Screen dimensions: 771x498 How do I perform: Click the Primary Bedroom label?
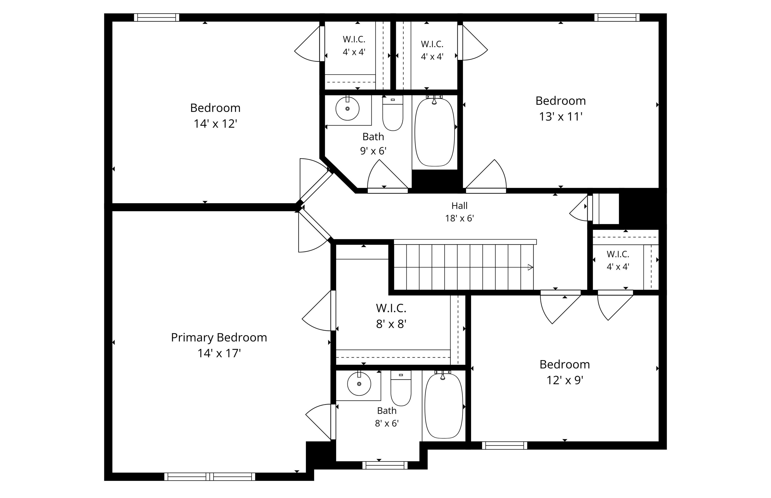(219, 338)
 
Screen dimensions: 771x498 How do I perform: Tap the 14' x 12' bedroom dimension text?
(216, 124)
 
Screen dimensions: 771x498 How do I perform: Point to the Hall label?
(459, 206)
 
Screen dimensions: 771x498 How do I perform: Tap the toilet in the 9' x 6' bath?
(393, 113)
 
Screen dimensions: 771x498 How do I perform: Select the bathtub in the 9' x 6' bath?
(434, 132)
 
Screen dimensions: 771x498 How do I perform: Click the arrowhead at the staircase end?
(531, 267)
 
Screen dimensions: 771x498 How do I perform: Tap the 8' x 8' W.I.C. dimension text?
(391, 324)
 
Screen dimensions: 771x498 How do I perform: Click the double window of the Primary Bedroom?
(210, 477)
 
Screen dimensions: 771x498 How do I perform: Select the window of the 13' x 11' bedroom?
(617, 18)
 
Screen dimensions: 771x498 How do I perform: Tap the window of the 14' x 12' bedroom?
(157, 18)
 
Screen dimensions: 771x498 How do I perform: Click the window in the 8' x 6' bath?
(385, 465)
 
